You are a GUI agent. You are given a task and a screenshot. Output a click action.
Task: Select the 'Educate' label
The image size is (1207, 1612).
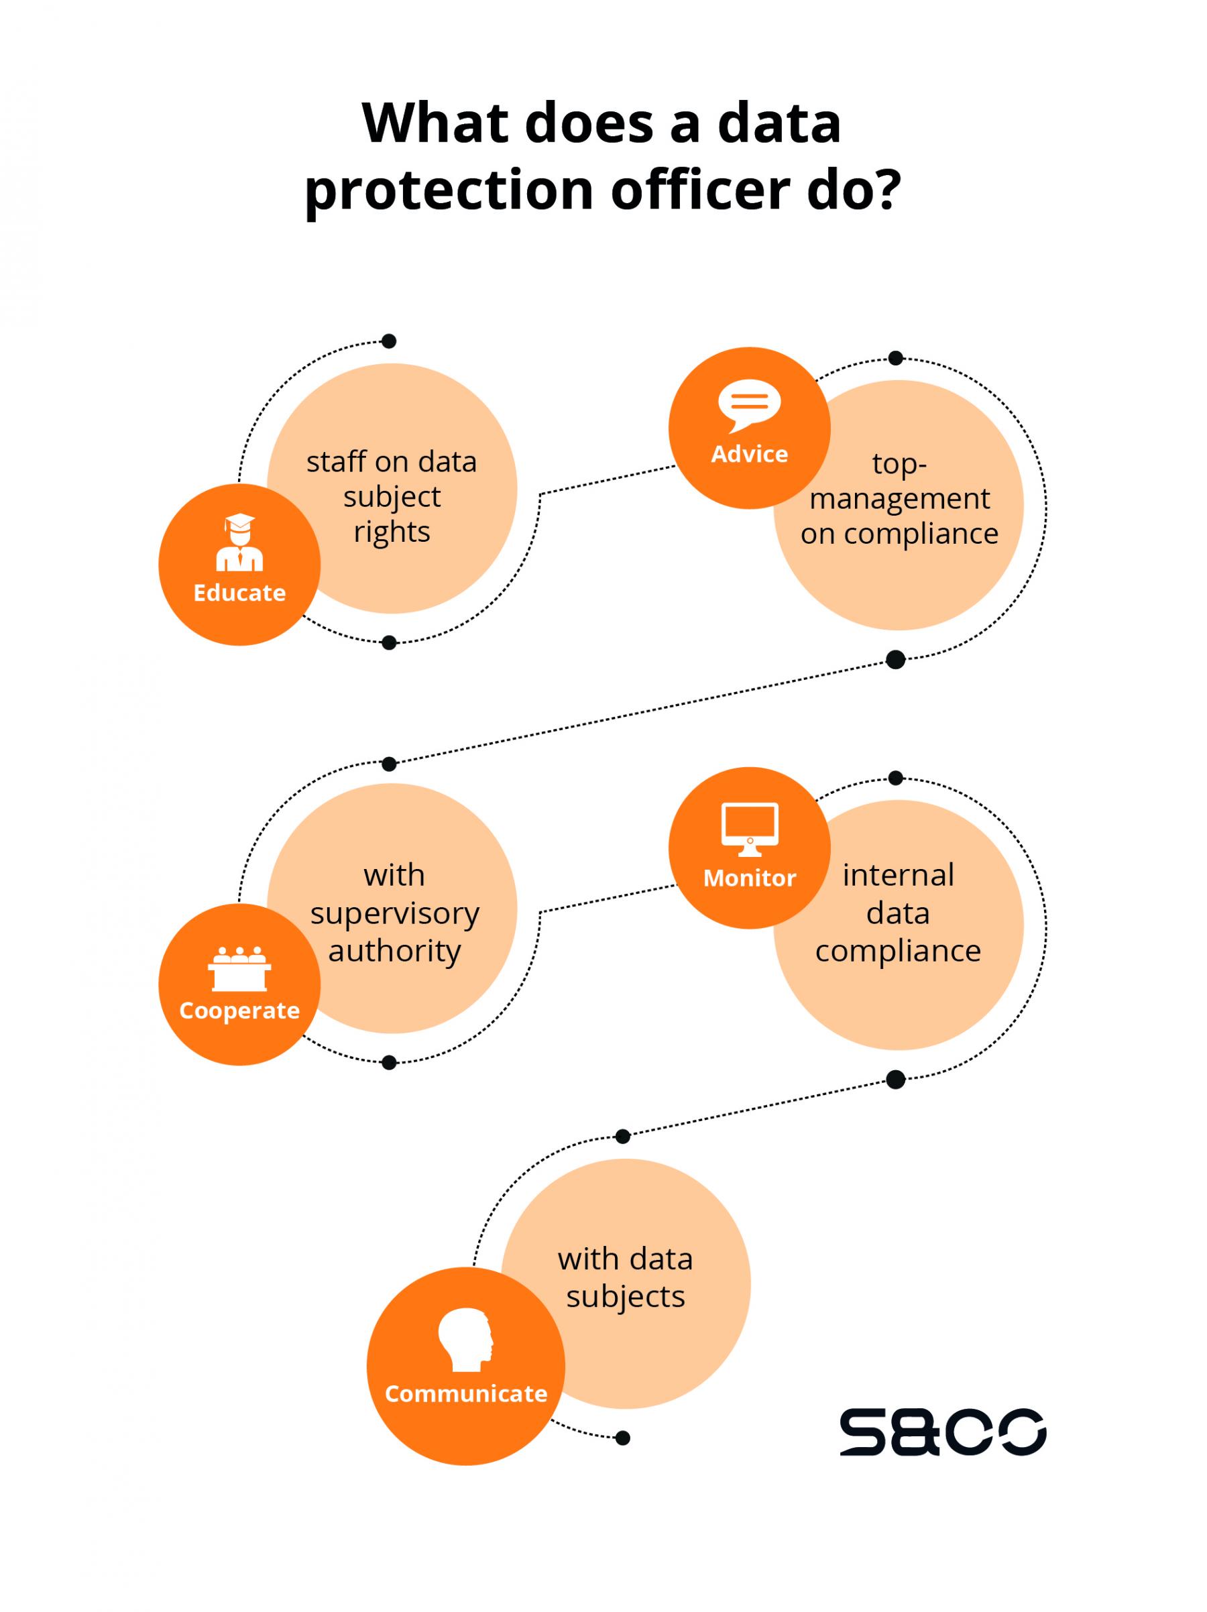click(239, 593)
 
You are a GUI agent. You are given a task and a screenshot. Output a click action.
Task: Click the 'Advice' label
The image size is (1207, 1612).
click(749, 454)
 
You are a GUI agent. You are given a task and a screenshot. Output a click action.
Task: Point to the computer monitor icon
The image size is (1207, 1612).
click(749, 829)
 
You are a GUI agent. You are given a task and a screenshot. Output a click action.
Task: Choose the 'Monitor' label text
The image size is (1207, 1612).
click(749, 878)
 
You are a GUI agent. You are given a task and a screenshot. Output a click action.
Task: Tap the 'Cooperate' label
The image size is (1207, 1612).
click(239, 1011)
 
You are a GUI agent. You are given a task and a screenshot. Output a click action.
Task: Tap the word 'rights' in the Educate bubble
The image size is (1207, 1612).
click(392, 532)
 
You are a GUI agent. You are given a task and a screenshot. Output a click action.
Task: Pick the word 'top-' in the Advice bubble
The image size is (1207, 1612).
click(899, 463)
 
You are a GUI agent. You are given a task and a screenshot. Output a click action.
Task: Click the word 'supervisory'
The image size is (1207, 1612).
click(394, 913)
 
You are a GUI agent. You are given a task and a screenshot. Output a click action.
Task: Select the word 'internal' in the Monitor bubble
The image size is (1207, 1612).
click(898, 875)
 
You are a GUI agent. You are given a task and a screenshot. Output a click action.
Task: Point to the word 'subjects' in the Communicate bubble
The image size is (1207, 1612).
click(626, 1296)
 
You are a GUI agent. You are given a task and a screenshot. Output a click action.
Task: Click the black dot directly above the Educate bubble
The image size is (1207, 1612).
click(389, 341)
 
